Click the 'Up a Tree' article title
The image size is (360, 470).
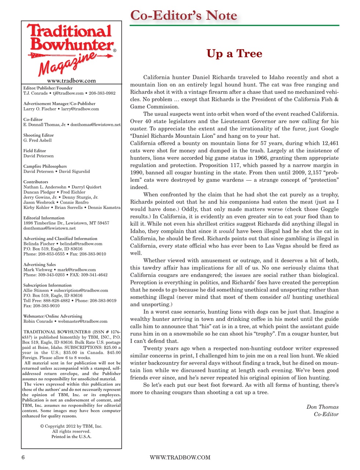pyautogui.click(x=234, y=54)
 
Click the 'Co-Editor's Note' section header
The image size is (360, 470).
pyautogui.click(x=184, y=15)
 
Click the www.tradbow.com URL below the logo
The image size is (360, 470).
pyautogui.click(x=71, y=81)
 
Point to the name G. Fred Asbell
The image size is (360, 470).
pyautogui.click(x=37, y=141)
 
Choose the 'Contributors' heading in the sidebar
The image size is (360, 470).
pyautogui.click(x=36, y=182)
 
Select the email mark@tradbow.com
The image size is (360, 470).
pyautogui.click(x=76, y=270)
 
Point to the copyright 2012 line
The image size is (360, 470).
pyautogui.click(x=71, y=426)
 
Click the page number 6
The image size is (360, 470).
pyautogui.click(x=23, y=458)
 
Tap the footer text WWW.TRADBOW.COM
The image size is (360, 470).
pyautogui.click(x=180, y=458)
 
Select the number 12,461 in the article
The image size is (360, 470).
pyautogui.click(x=328, y=143)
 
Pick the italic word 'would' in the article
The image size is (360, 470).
pyautogui.click(x=226, y=231)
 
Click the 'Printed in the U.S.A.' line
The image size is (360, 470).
pyautogui.click(x=71, y=437)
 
